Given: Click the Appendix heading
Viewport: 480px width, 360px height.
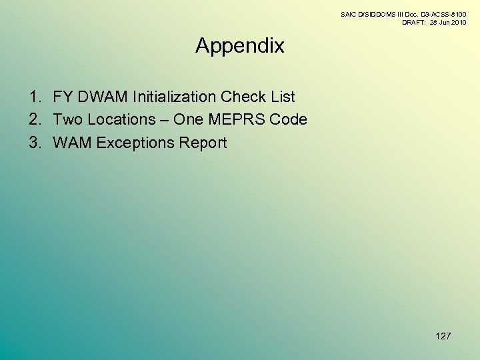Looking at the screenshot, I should (x=240, y=46).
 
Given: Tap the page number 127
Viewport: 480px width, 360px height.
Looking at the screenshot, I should (x=443, y=336).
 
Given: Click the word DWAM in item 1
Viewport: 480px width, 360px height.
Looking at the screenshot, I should (x=104, y=97).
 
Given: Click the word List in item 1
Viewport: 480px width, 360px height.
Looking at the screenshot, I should (x=283, y=97).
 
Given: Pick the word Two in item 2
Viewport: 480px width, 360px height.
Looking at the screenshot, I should (x=67, y=120).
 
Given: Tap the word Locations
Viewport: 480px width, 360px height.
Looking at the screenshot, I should (x=121, y=120).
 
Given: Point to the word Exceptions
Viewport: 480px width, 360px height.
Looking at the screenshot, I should (x=135, y=143).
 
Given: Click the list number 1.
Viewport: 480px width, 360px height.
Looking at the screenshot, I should (x=35, y=97).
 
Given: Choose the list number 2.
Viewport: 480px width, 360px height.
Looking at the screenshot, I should (x=35, y=120).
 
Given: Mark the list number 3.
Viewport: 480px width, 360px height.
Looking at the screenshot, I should (x=35, y=143).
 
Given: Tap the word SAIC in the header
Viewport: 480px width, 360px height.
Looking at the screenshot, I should (x=349, y=14).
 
